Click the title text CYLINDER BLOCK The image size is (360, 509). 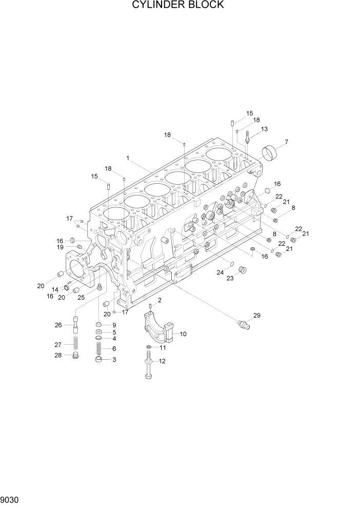[x=178, y=5]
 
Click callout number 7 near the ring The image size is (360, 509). [x=286, y=142]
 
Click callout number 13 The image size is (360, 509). [x=265, y=129]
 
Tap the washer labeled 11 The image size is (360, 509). [x=148, y=348]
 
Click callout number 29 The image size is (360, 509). [x=257, y=316]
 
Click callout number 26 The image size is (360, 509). [x=58, y=325]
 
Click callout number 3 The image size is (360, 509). [x=114, y=360]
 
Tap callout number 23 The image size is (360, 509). [x=230, y=278]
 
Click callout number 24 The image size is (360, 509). [x=219, y=272]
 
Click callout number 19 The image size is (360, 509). [x=60, y=247]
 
